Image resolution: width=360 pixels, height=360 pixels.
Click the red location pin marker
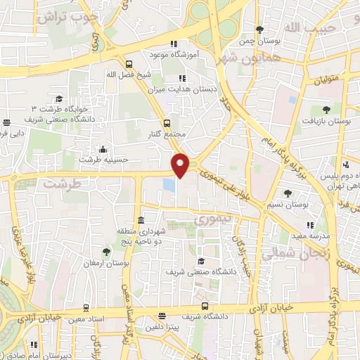pos(181,165)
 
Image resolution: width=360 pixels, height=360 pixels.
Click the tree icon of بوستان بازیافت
pos(326,109)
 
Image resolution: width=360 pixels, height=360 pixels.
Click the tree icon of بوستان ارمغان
pos(106,251)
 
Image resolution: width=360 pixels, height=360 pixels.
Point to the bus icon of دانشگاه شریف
pos(205,306)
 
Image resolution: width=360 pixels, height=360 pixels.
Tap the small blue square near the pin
pos(169,184)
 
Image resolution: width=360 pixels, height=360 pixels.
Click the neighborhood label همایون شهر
pos(250,58)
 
